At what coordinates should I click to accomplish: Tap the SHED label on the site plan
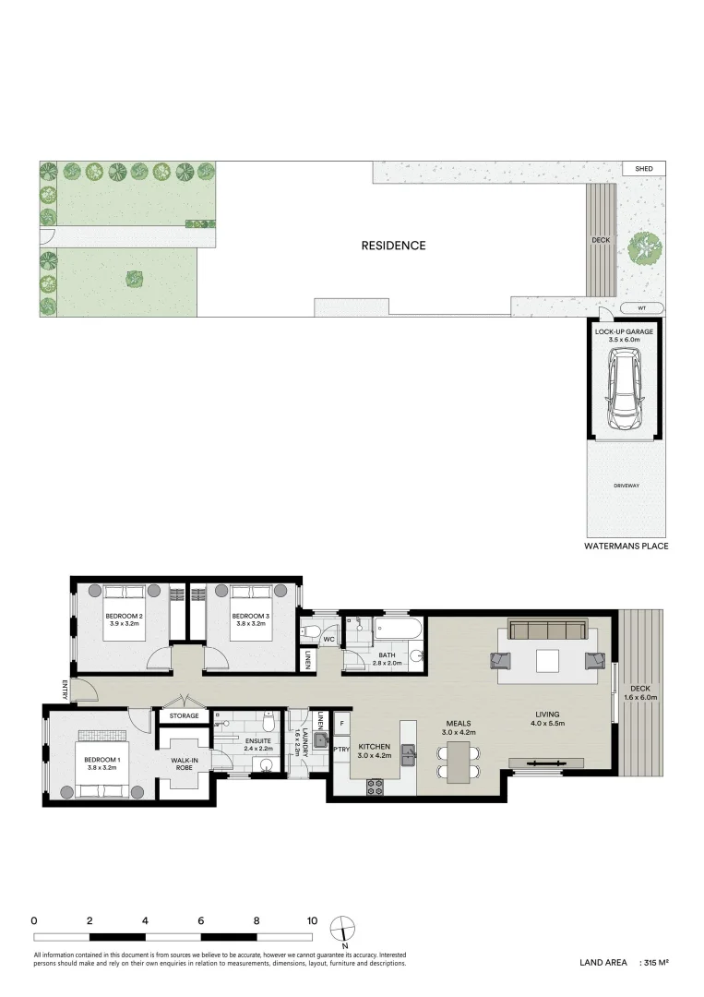click(x=643, y=169)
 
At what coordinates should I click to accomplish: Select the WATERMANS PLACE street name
click(x=626, y=547)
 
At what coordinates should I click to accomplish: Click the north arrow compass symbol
click(x=343, y=926)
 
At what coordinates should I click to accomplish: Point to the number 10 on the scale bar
click(x=313, y=920)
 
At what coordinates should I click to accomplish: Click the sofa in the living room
click(x=549, y=631)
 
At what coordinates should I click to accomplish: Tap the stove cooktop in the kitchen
click(x=376, y=787)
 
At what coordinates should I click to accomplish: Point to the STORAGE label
click(x=183, y=715)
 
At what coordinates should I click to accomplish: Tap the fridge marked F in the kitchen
click(x=341, y=723)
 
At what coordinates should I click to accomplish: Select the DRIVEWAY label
click(x=626, y=486)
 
